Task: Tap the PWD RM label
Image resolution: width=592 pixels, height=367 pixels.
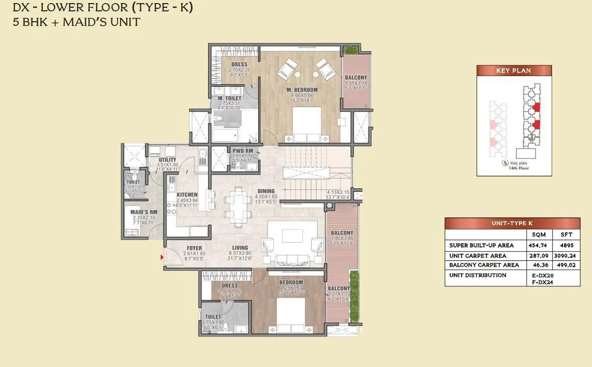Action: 242,151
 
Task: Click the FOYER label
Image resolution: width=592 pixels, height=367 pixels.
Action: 195,248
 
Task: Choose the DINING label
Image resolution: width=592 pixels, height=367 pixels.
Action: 266,191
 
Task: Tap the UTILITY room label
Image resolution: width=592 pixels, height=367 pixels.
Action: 168,160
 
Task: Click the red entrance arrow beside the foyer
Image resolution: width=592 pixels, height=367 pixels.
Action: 162,256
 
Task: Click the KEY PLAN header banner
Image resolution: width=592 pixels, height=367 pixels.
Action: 513,71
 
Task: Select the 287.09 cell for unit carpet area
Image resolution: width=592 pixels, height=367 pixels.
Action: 539,255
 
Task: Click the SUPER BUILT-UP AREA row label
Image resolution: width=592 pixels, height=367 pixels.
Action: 481,245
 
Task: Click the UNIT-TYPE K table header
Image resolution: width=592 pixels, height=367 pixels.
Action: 512,223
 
